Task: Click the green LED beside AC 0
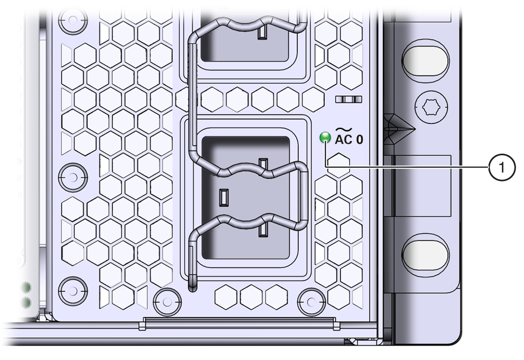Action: [x=325, y=138]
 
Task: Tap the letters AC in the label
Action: [x=344, y=139]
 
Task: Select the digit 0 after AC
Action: [x=359, y=139]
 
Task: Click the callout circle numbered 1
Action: [x=501, y=167]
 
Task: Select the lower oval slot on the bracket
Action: [x=426, y=253]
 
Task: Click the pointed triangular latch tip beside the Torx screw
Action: [x=415, y=129]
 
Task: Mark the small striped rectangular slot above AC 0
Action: [x=349, y=99]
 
